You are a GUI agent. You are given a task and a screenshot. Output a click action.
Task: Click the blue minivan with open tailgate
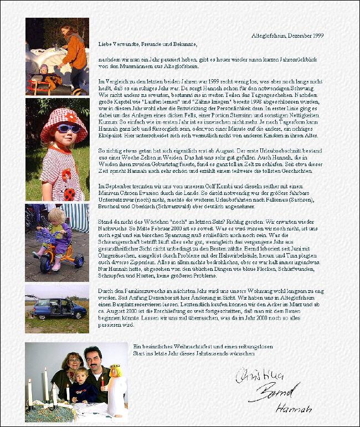[59, 308]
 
